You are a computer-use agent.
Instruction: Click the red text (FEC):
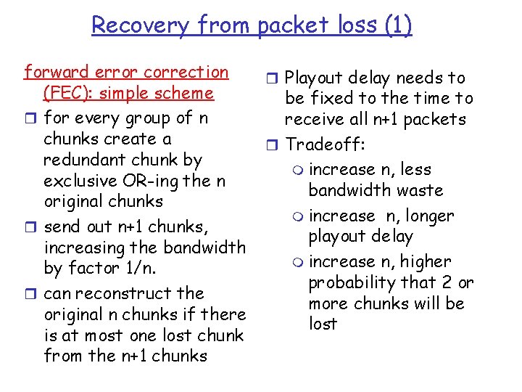(x=72, y=94)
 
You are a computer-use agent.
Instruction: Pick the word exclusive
(x=75, y=181)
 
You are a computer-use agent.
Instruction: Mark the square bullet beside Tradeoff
(x=272, y=144)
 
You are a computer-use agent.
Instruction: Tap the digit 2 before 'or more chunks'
(x=445, y=282)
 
